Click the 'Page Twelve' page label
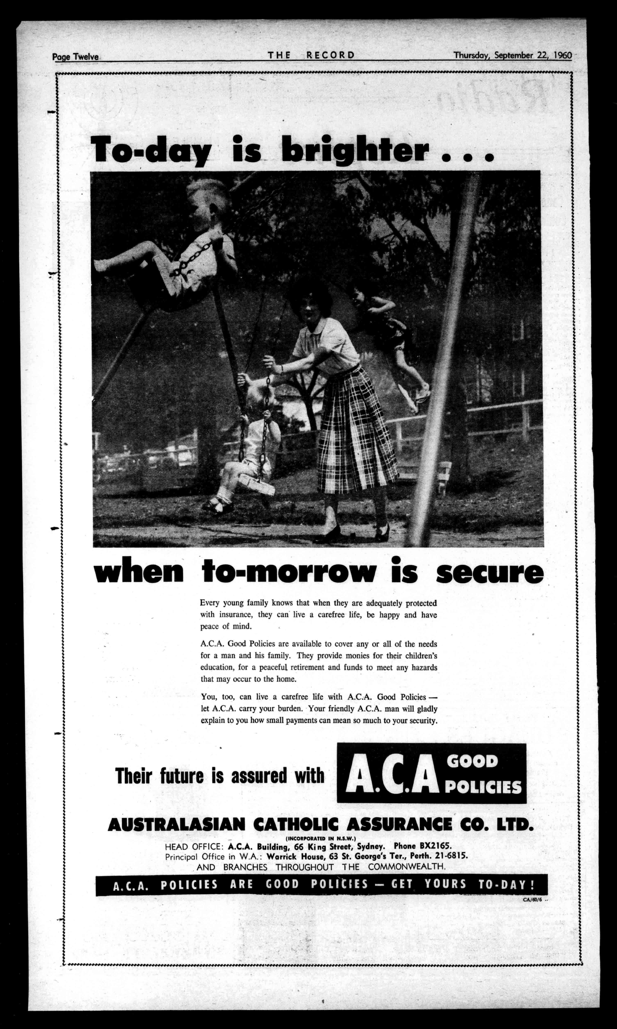(75, 57)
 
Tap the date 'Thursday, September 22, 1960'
(512, 55)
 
